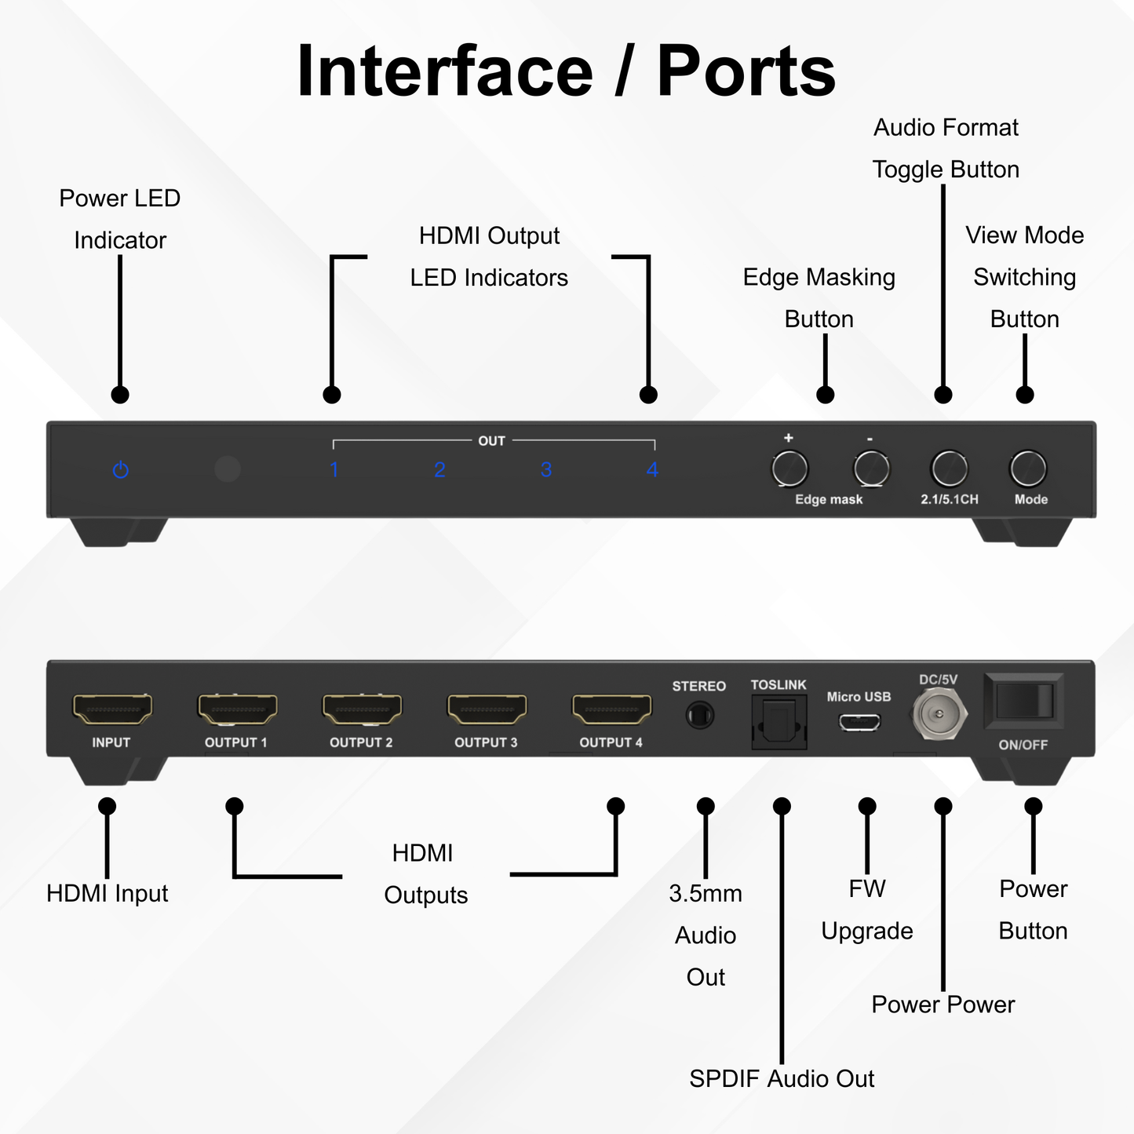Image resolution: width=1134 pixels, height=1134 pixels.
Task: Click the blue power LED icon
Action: (120, 469)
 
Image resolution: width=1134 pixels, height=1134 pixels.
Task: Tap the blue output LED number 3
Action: (546, 469)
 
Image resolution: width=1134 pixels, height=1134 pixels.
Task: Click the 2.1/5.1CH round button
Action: (949, 469)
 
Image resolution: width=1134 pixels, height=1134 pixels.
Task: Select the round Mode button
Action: (1028, 469)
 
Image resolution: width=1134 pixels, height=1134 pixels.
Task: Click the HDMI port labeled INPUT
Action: (112, 709)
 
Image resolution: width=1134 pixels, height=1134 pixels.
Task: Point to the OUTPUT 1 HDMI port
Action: (237, 709)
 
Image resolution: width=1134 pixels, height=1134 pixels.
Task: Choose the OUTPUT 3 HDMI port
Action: (487, 709)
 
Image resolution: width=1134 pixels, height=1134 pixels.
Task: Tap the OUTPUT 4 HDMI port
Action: (611, 709)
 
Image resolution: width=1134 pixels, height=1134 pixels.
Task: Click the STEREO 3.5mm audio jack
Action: (698, 716)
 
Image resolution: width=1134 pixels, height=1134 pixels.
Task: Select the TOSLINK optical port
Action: (778, 721)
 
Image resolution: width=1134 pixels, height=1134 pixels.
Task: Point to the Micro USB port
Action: (859, 721)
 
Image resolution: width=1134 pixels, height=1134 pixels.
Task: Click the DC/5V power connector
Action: (938, 714)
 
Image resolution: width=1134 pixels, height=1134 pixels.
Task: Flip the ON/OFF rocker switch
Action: (1023, 700)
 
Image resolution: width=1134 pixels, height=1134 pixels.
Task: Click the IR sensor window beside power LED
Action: (227, 469)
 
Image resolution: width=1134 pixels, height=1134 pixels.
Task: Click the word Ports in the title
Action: (746, 72)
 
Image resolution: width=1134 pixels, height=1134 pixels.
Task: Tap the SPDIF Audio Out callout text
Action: (782, 1078)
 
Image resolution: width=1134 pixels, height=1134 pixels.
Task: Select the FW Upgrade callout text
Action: (866, 910)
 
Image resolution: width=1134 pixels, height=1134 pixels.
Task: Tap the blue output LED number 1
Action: (334, 469)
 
